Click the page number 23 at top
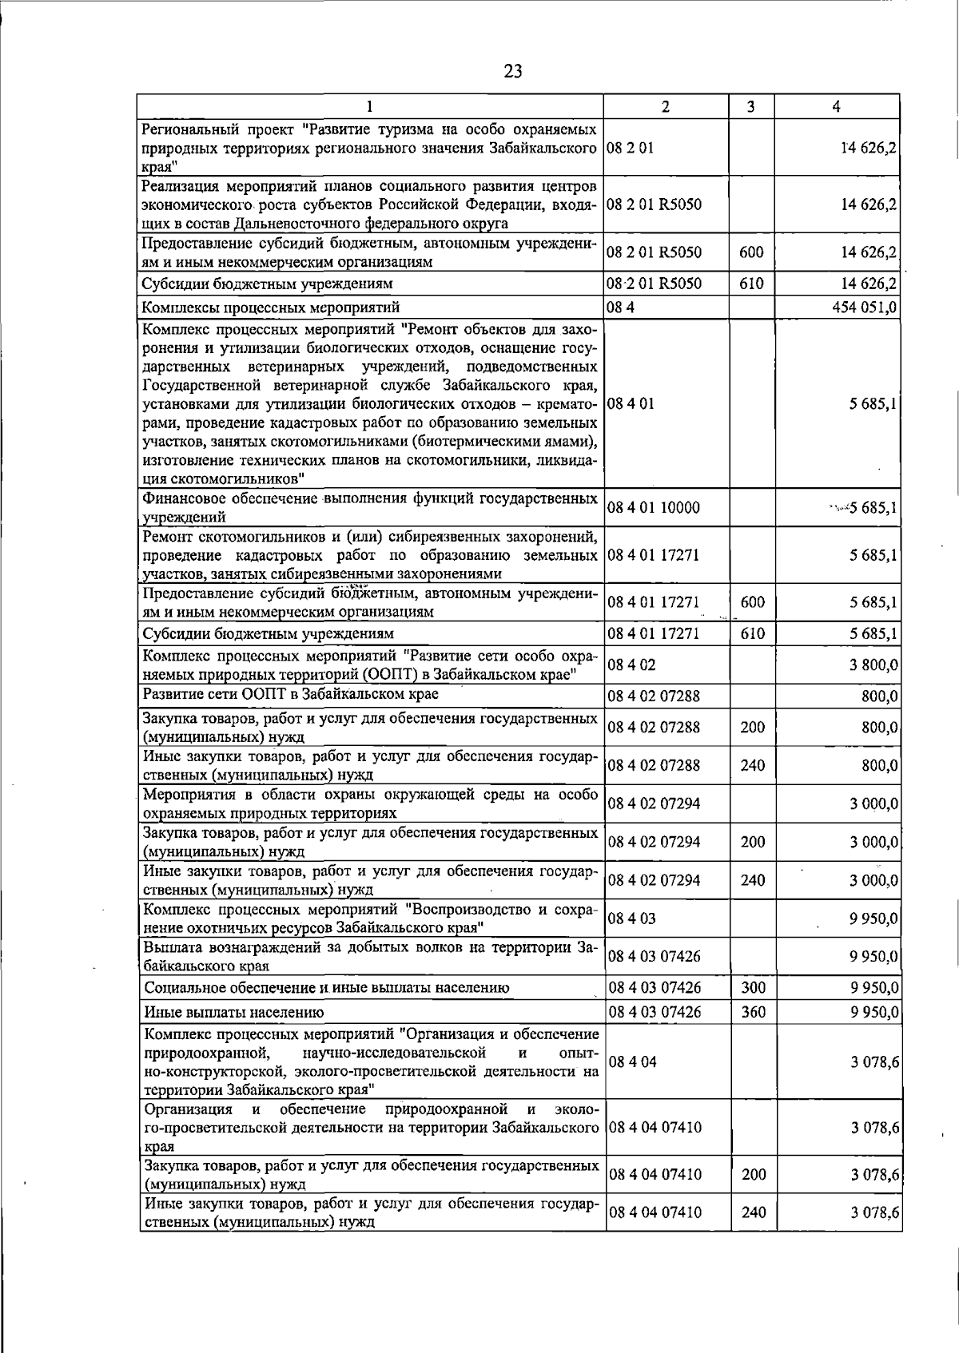pyautogui.click(x=512, y=71)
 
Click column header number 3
pyautogui.click(x=751, y=106)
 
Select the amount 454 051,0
pyautogui.click(x=865, y=307)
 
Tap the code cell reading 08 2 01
pyautogui.click(x=631, y=148)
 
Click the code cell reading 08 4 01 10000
pyautogui.click(x=654, y=507)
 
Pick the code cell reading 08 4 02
pyautogui.click(x=631, y=665)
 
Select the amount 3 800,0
pyautogui.click(x=873, y=665)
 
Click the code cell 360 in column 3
pyautogui.click(x=753, y=1012)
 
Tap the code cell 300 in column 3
pyautogui.click(x=753, y=988)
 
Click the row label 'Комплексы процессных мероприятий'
pyautogui.click(x=271, y=307)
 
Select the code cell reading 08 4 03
pyautogui.click(x=631, y=919)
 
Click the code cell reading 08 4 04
pyautogui.click(x=632, y=1062)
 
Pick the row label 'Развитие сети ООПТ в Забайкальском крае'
pyautogui.click(x=290, y=694)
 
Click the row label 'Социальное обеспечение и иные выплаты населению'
pyautogui.click(x=326, y=988)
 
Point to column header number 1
pyautogui.click(x=369, y=106)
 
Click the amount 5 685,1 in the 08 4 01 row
pyautogui.click(x=873, y=403)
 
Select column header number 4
pyautogui.click(x=836, y=106)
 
